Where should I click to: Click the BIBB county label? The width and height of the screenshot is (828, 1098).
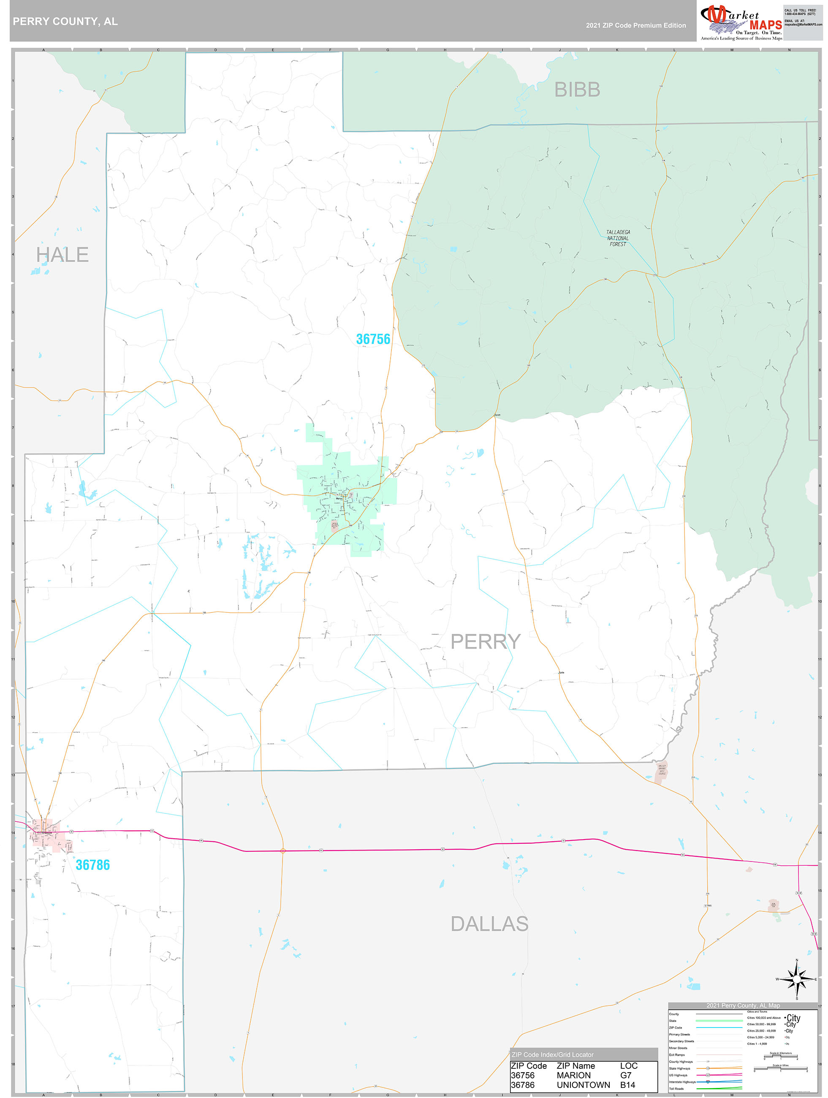pos(577,90)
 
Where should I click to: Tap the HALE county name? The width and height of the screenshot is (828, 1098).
pos(62,255)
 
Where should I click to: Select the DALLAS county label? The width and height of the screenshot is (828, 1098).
pos(489,924)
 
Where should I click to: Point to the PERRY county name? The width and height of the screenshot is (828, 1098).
pos(485,641)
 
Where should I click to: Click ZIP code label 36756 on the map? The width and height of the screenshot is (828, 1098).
pos(373,339)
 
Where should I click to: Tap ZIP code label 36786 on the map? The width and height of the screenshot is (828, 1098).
pos(93,865)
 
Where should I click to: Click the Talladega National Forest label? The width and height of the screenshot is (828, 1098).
pos(618,238)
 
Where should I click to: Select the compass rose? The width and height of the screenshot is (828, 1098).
pos(796,979)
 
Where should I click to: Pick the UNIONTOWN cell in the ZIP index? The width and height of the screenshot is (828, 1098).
pos(583,1085)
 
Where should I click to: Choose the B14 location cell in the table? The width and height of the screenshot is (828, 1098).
pos(627,1085)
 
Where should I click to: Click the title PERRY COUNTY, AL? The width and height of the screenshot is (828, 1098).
pos(65,22)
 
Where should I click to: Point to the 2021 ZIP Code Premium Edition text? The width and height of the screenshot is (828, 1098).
pos(635,25)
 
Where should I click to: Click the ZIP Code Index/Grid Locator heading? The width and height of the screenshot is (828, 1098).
pos(552,1055)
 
